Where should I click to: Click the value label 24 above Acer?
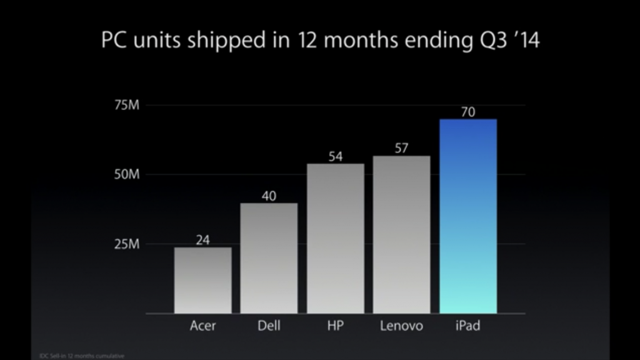point(202,239)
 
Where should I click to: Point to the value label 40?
point(269,196)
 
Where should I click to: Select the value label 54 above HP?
point(336,156)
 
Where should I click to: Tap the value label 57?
point(402,149)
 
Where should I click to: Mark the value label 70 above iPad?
point(468,112)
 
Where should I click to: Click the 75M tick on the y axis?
point(126,105)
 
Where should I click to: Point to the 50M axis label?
point(126,174)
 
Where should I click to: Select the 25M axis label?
point(126,244)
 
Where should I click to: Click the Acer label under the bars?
point(202,326)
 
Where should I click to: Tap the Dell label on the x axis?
point(269,326)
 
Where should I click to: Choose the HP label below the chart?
point(336,326)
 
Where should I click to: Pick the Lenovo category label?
point(402,326)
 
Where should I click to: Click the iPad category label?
point(468,326)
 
